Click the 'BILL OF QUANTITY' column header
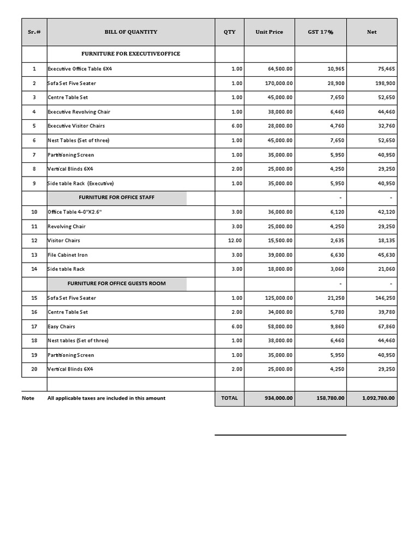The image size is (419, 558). pyautogui.click(x=131, y=32)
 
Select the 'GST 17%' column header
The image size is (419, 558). pyautogui.click(x=320, y=32)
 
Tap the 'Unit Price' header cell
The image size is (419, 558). pyautogui.click(x=269, y=32)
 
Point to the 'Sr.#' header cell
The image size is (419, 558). pyautogui.click(x=34, y=32)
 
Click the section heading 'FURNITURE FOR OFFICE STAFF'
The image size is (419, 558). pyautogui.click(x=117, y=197)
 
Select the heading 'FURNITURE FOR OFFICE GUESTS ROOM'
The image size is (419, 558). pyautogui.click(x=117, y=283)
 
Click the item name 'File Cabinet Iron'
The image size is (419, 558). pyautogui.click(x=68, y=255)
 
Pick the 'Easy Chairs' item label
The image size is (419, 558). pyautogui.click(x=61, y=326)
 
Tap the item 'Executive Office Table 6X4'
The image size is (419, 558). pyautogui.click(x=80, y=69)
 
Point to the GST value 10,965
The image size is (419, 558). pyautogui.click(x=333, y=69)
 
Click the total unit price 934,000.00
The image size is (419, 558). pyautogui.click(x=279, y=398)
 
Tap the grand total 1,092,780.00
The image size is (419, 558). pyautogui.click(x=379, y=398)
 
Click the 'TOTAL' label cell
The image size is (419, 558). pyautogui.click(x=229, y=398)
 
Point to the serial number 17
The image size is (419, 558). pyautogui.click(x=34, y=326)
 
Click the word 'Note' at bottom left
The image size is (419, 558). pyautogui.click(x=28, y=398)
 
